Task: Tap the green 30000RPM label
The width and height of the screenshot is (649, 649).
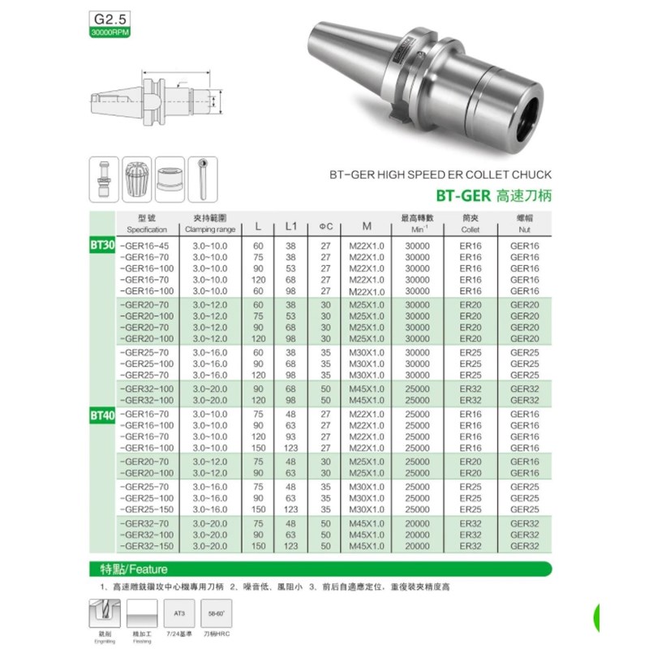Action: click(109, 32)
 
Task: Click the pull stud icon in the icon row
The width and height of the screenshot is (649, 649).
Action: click(103, 178)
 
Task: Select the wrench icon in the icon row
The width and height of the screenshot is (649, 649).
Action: click(203, 178)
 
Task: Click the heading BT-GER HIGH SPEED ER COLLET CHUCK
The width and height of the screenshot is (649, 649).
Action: click(441, 174)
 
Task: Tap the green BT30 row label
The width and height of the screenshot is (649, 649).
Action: click(101, 243)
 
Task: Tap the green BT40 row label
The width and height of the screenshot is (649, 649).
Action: click(101, 415)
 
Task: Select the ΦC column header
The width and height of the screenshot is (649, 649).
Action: click(325, 225)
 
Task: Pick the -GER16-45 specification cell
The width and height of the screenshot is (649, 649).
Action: click(144, 245)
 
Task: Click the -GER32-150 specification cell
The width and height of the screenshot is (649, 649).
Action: click(146, 547)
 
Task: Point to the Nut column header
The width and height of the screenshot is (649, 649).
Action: click(524, 224)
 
